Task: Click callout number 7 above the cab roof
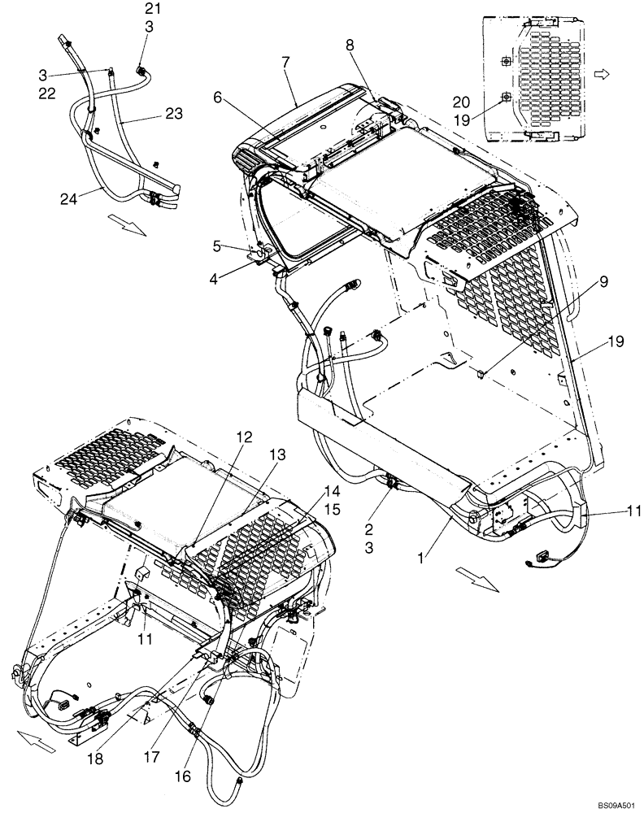click(287, 63)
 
